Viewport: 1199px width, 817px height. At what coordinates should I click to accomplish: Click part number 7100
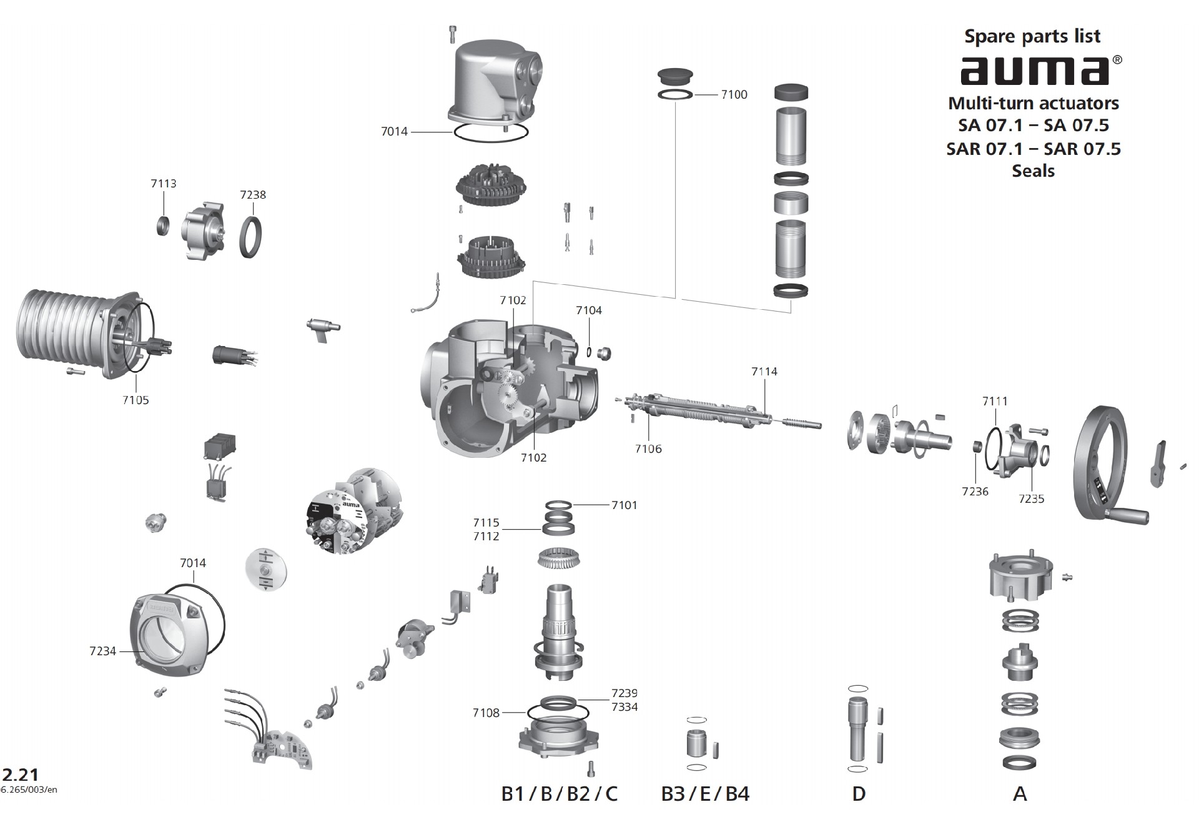pyautogui.click(x=734, y=94)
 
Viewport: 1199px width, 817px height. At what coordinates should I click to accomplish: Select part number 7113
pyautogui.click(x=163, y=184)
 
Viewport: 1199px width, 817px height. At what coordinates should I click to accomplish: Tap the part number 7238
pyautogui.click(x=253, y=195)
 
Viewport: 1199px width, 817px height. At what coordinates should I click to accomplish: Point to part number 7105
pyautogui.click(x=136, y=400)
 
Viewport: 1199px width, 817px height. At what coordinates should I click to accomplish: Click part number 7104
pyautogui.click(x=588, y=310)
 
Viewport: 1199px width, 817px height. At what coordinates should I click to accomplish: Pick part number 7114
pyautogui.click(x=764, y=372)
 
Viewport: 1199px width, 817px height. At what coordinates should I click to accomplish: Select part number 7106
pyautogui.click(x=648, y=449)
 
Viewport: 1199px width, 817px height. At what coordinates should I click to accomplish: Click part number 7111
pyautogui.click(x=994, y=401)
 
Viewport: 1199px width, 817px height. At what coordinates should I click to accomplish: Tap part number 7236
pyautogui.click(x=975, y=492)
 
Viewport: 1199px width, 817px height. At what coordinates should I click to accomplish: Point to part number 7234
pyautogui.click(x=102, y=651)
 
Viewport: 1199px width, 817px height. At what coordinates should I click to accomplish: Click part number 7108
pyautogui.click(x=486, y=713)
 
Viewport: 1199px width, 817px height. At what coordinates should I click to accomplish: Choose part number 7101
pyautogui.click(x=624, y=505)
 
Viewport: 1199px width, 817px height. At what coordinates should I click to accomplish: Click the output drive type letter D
pyautogui.click(x=859, y=794)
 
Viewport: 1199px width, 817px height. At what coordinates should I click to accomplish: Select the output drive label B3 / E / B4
pyautogui.click(x=705, y=794)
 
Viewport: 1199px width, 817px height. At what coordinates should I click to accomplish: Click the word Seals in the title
pyautogui.click(x=1033, y=171)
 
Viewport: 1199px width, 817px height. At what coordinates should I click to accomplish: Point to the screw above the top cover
pyautogui.click(x=453, y=34)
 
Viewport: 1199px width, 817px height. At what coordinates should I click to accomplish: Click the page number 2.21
pyautogui.click(x=20, y=775)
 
